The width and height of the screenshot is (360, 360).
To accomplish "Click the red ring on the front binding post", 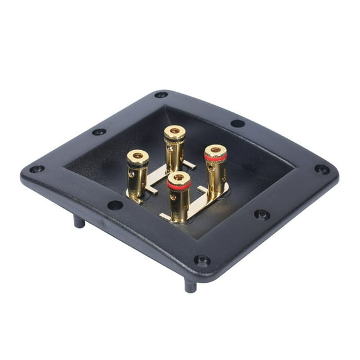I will coord(179,186).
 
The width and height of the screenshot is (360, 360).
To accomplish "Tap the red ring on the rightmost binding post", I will coord(215,158).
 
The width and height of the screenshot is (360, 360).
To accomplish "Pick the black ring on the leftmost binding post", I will coord(138,163).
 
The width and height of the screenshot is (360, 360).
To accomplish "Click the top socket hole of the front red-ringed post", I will coord(179,178).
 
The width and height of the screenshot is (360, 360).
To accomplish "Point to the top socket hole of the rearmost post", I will coord(175,131).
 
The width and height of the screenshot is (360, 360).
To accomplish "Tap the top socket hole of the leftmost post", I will coord(138,155).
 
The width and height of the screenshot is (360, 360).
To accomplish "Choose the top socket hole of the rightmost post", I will coord(215,150).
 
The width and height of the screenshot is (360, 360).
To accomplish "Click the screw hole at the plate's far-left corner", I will coord(36,169).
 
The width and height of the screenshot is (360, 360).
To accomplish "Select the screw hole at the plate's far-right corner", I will coord(322,169).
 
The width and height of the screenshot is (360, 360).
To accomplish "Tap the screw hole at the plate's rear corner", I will coord(161,95).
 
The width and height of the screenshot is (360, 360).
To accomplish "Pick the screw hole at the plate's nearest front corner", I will coord(202,259).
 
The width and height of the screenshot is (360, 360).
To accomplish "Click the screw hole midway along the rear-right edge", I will coord(237,123).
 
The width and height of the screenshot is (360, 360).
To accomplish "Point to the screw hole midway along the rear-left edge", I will coord(99,132).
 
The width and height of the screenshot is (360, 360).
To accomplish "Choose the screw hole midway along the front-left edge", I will coord(115,205).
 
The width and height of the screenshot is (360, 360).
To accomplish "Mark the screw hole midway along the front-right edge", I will coord(261,214).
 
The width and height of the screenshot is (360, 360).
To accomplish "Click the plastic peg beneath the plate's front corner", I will coord(190,285).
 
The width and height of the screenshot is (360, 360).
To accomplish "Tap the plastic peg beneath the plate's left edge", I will coord(79,221).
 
